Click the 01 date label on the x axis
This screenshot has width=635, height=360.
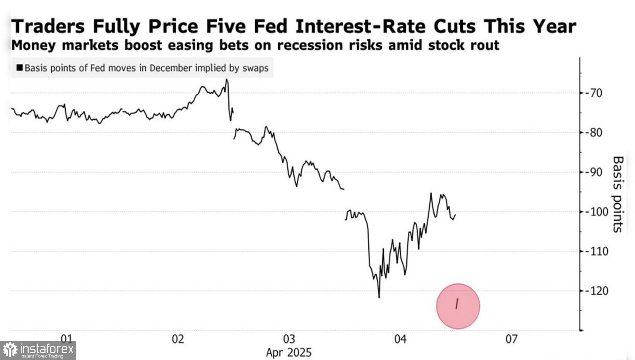(66, 339)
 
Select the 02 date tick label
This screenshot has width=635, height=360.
(178, 339)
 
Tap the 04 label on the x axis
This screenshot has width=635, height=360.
(400, 339)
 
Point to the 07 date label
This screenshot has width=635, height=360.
(511, 339)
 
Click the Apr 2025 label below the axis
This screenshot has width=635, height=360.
(289, 352)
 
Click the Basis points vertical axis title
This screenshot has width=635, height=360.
(618, 194)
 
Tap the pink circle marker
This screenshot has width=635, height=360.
(458, 306)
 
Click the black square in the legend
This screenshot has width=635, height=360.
(19, 68)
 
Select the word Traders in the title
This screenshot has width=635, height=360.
(48, 26)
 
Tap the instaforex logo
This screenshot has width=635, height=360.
(38, 350)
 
